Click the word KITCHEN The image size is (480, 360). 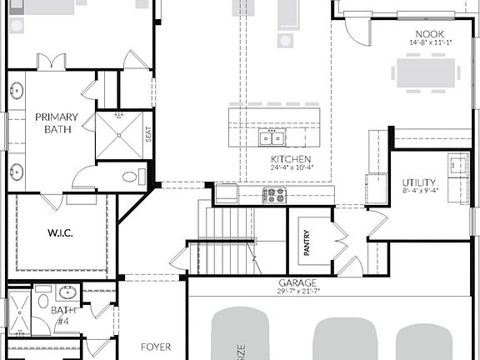tap(291, 159)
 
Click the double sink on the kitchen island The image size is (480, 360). tap(271, 138)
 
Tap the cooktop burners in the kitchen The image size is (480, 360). tap(274, 195)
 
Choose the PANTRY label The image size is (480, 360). tap(307, 242)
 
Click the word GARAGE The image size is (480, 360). tap(297, 283)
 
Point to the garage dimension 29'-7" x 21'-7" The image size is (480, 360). tap(297, 292)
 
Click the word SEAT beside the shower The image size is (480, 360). tap(148, 133)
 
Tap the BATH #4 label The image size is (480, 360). tap(62, 315)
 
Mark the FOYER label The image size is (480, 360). tap(156, 346)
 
